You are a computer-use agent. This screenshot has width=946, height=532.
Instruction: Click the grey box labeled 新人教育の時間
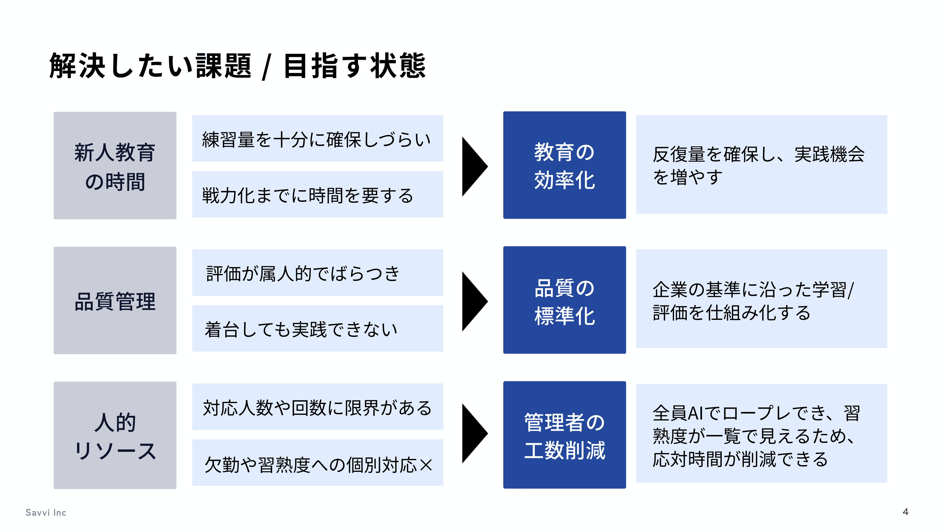pyautogui.click(x=115, y=166)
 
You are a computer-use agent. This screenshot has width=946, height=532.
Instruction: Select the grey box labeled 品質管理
pyautogui.click(x=115, y=300)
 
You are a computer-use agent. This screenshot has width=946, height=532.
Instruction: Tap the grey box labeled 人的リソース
pyautogui.click(x=115, y=435)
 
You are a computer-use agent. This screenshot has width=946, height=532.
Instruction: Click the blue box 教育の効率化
pyautogui.click(x=564, y=165)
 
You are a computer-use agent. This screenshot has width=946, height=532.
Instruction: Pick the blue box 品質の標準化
pyautogui.click(x=564, y=300)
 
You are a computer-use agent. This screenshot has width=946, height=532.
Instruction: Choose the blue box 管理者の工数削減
pyautogui.click(x=564, y=435)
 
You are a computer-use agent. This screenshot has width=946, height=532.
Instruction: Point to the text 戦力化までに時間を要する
pyautogui.click(x=308, y=195)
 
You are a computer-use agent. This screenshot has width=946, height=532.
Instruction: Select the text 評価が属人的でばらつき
pyautogui.click(x=303, y=274)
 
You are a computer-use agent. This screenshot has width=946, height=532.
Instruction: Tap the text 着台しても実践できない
pyautogui.click(x=301, y=329)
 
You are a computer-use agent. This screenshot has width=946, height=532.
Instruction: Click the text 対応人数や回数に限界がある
pyautogui.click(x=317, y=408)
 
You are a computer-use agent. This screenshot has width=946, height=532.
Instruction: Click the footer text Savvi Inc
pyautogui.click(x=46, y=513)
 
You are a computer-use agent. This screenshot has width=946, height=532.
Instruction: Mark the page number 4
pyautogui.click(x=905, y=512)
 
